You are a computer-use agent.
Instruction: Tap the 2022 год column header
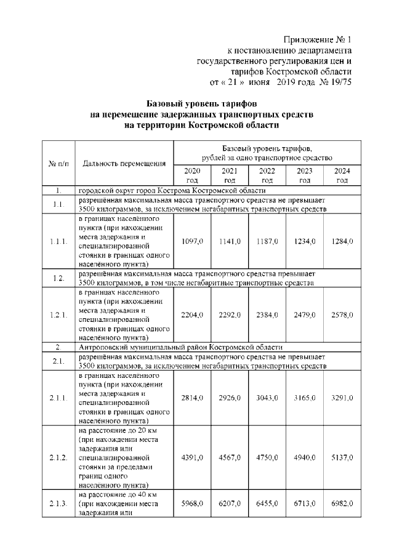(x=267, y=175)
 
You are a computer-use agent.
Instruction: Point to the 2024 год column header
(x=342, y=175)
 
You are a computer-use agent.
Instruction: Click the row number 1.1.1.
(x=58, y=242)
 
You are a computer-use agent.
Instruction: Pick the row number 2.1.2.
(x=58, y=457)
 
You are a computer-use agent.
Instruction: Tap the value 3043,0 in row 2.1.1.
(x=267, y=398)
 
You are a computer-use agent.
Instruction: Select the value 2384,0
(x=267, y=315)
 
